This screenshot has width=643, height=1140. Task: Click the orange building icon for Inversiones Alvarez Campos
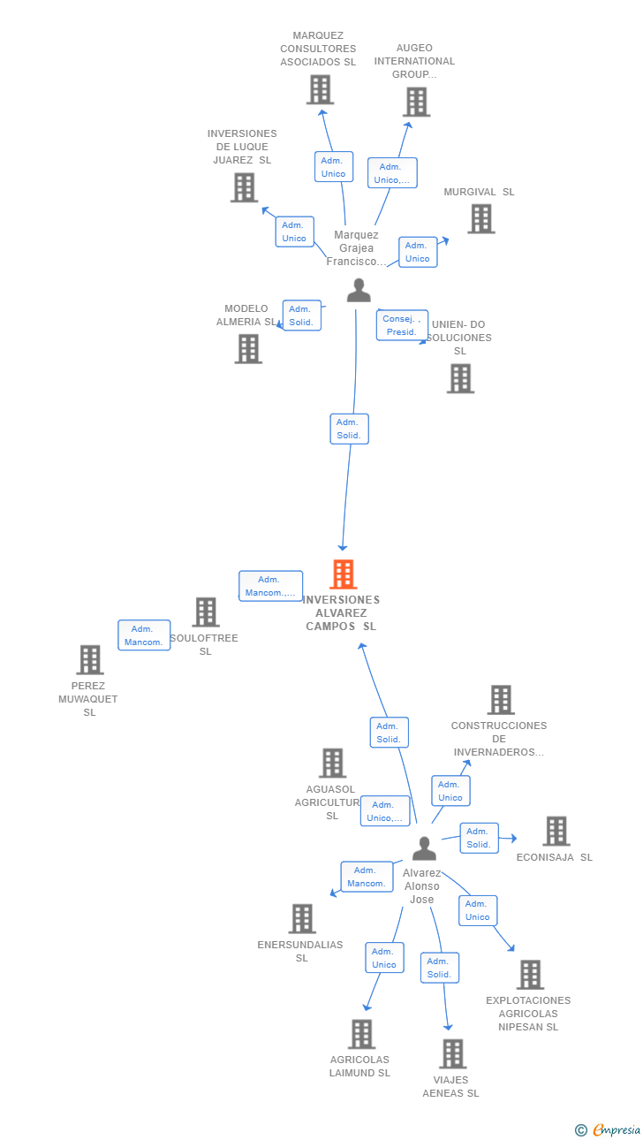[x=343, y=574]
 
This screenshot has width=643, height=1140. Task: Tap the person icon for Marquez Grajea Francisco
[x=359, y=291]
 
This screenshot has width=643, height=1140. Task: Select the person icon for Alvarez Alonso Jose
[x=424, y=848]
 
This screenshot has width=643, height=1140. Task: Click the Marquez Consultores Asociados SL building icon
[x=320, y=89]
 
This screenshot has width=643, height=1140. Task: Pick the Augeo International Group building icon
[x=416, y=102]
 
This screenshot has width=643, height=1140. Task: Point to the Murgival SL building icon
[x=480, y=218]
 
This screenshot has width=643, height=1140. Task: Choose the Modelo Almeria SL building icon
[x=248, y=348]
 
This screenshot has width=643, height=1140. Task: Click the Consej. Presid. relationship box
[x=402, y=325]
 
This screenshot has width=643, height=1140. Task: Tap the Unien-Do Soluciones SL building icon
[x=460, y=378]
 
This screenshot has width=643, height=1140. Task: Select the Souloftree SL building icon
[x=206, y=612]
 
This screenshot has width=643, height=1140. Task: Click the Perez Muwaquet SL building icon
[x=90, y=659]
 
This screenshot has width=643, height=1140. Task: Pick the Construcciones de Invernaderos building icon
[x=501, y=700]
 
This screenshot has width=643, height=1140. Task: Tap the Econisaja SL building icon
[x=556, y=831]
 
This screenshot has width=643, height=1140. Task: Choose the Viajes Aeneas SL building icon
[x=452, y=1053]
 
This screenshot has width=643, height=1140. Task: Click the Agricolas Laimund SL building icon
[x=361, y=1034]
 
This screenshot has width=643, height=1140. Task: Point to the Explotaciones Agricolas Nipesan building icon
[x=530, y=975]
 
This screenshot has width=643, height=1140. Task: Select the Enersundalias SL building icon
[x=302, y=918]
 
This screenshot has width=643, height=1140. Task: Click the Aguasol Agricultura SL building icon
[x=332, y=763]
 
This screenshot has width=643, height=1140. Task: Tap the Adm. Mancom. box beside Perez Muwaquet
[x=144, y=635]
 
